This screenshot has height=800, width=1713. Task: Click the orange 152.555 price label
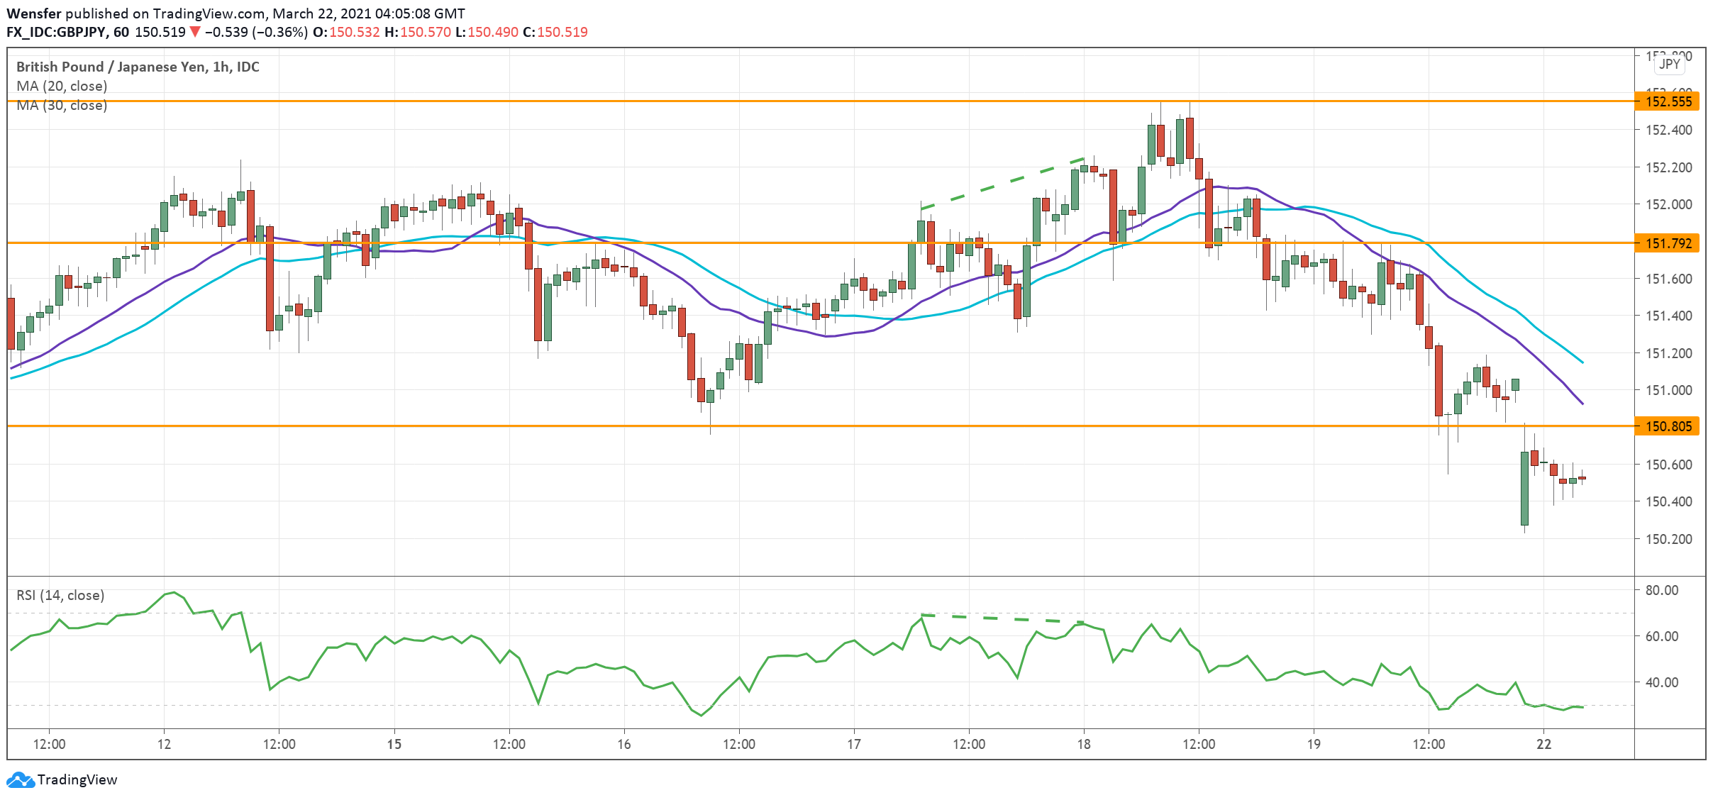coord(1668,101)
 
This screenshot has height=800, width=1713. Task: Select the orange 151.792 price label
coord(1668,243)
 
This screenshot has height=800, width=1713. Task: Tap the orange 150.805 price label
coord(1668,426)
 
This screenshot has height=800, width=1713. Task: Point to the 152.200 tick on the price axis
coord(1667,167)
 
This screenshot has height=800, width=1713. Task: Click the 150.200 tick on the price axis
coord(1667,539)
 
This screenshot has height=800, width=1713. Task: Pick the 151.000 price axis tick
coord(1667,390)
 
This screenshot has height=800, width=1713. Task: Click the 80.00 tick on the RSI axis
coord(1661,590)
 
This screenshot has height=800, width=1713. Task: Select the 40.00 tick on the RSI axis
coord(1661,682)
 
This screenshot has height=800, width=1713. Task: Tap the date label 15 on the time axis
coord(394,744)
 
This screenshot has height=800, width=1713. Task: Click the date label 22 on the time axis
coord(1543,744)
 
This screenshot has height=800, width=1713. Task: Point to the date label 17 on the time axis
coord(853,744)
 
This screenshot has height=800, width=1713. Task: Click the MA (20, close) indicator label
coord(62,86)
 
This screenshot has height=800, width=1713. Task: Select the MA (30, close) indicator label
coord(62,106)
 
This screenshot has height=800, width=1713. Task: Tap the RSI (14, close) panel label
coord(60,595)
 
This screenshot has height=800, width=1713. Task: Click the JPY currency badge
coord(1669,64)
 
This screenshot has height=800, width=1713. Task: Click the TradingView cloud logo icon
coord(20,779)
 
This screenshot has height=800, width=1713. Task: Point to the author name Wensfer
coord(34,13)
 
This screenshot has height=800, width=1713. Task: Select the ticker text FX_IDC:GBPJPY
coord(57,32)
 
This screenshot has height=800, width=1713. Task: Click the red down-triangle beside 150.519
coord(195,32)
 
